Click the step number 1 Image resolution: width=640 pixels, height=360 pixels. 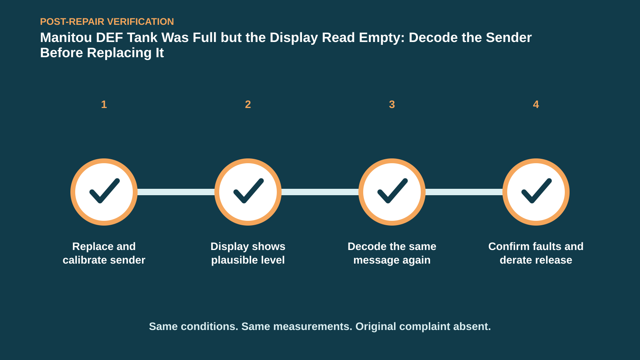click(104, 104)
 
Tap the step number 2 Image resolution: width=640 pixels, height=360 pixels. click(248, 104)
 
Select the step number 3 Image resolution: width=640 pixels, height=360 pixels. click(392, 104)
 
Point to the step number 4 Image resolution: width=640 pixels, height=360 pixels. click(536, 104)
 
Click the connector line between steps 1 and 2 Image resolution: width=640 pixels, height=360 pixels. click(176, 192)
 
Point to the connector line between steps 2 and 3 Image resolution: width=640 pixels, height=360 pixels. click(320, 192)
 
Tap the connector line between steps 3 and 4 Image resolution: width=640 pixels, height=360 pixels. click(464, 192)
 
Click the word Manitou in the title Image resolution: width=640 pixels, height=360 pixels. click(66, 38)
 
